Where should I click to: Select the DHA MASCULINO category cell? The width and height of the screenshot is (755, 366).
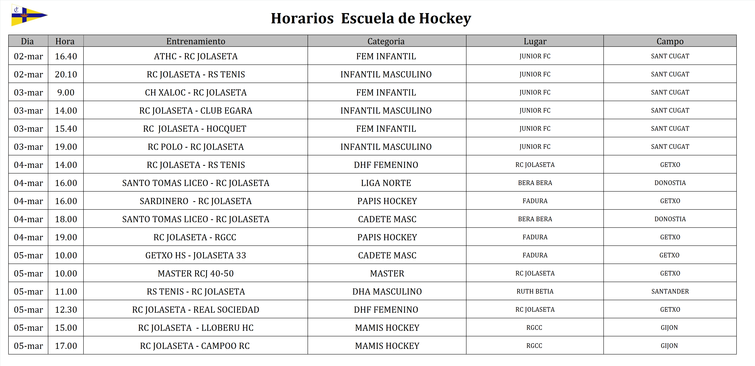(x=387, y=291)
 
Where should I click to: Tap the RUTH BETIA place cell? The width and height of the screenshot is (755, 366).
(x=535, y=291)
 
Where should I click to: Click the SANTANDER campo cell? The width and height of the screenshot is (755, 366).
(x=670, y=291)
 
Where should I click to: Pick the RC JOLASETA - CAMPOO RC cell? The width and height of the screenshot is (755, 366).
(x=195, y=346)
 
